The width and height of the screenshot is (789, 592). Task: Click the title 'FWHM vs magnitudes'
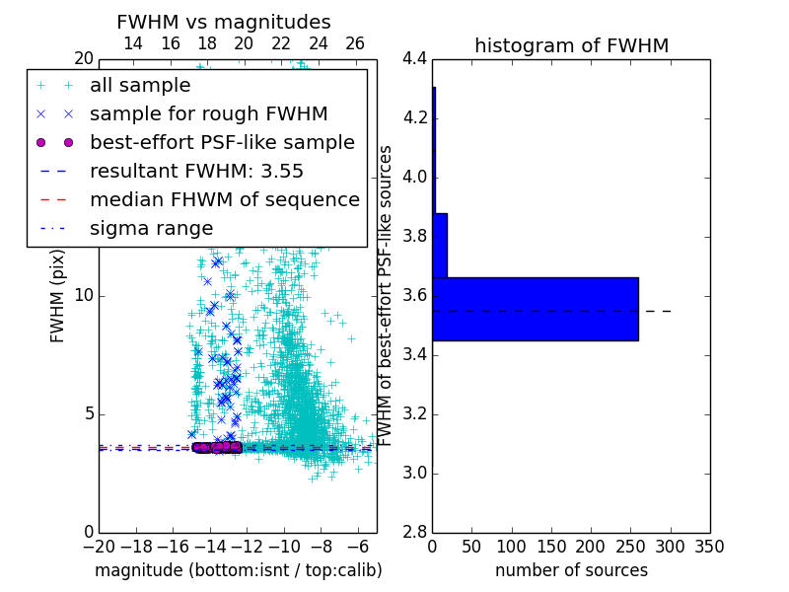(x=223, y=22)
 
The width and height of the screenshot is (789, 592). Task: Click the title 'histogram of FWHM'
(x=571, y=45)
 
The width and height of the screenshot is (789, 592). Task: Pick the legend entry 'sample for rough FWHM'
(x=208, y=114)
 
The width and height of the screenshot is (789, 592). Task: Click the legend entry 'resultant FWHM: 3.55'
(x=196, y=171)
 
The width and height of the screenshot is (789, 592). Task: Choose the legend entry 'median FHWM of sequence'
(x=224, y=199)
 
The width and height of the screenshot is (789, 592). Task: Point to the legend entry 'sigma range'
(x=151, y=228)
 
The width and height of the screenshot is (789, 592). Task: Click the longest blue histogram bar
(x=535, y=309)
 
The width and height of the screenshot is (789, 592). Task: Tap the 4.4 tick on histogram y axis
(x=414, y=59)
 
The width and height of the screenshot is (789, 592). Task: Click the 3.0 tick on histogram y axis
(x=414, y=474)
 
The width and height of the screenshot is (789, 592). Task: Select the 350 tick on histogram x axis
(x=709, y=547)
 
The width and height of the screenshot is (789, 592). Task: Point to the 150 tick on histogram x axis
(x=551, y=547)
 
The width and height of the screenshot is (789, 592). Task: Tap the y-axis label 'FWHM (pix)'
(x=58, y=296)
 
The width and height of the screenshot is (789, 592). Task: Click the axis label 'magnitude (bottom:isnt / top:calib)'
(x=238, y=570)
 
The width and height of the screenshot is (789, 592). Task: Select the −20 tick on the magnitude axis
(x=99, y=547)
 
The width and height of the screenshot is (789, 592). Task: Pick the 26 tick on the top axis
(x=355, y=43)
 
